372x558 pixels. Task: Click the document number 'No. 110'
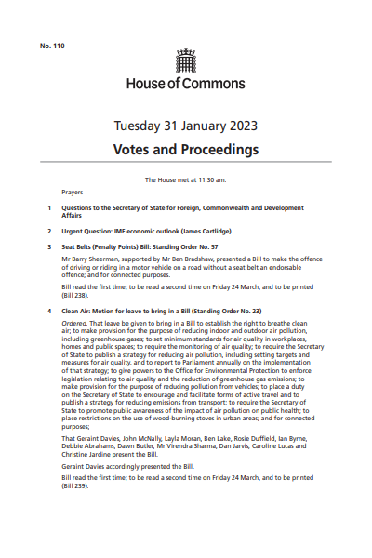pyautogui.click(x=52, y=46)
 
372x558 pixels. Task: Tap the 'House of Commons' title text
pyautogui.click(x=185, y=83)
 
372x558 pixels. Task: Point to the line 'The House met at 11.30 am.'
pyautogui.click(x=186, y=179)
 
